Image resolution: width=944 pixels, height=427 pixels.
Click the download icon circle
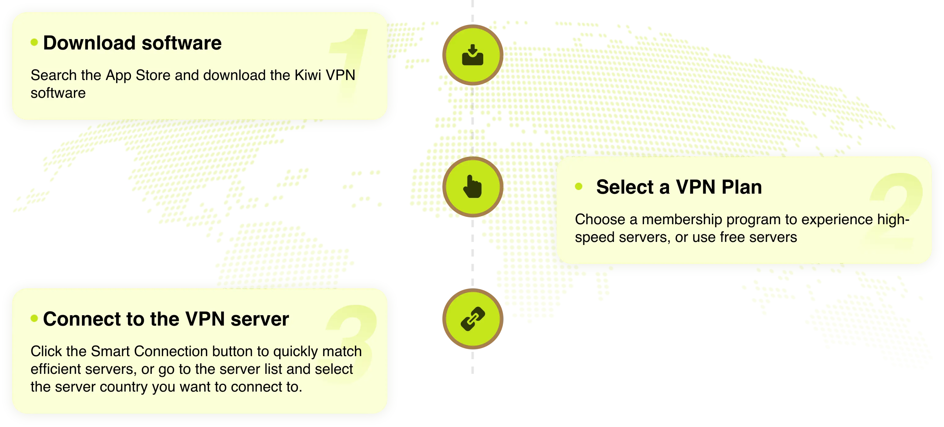point(473,55)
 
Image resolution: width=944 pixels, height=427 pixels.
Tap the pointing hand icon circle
point(473,187)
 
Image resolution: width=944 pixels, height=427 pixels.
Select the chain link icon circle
point(473,319)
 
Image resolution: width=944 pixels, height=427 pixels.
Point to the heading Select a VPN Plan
point(679,187)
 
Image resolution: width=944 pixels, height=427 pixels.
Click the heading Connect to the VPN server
point(166,319)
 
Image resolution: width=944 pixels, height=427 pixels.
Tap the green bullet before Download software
point(35,42)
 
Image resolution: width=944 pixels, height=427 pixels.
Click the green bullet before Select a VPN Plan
point(579,187)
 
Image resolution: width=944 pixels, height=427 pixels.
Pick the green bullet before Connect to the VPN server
point(35,318)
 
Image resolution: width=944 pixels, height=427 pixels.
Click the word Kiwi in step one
point(308,75)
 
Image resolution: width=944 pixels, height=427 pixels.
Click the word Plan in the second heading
point(742,187)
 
